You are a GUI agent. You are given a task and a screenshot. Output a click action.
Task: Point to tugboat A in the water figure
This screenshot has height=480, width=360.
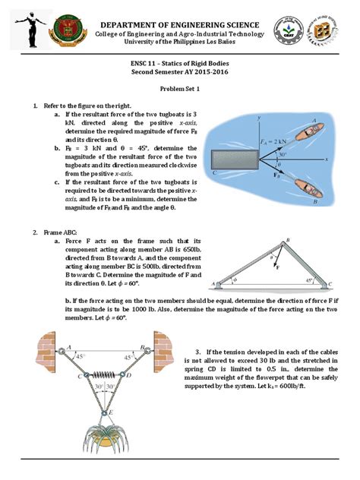click(x=302, y=132)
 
